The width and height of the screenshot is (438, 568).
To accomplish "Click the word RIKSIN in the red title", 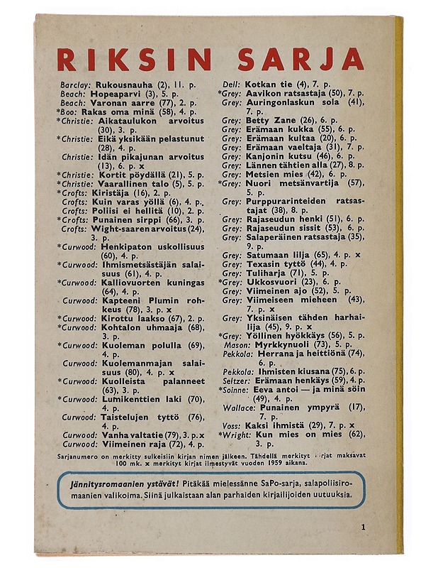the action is coord(130,58).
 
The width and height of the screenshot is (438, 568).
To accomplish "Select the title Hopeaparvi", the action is coord(116,94).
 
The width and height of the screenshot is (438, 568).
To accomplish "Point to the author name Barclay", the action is coord(76,85).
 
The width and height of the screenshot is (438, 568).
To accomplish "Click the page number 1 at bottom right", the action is coord(362,527).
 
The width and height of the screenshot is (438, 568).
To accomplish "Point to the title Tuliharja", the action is coord(266,273).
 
